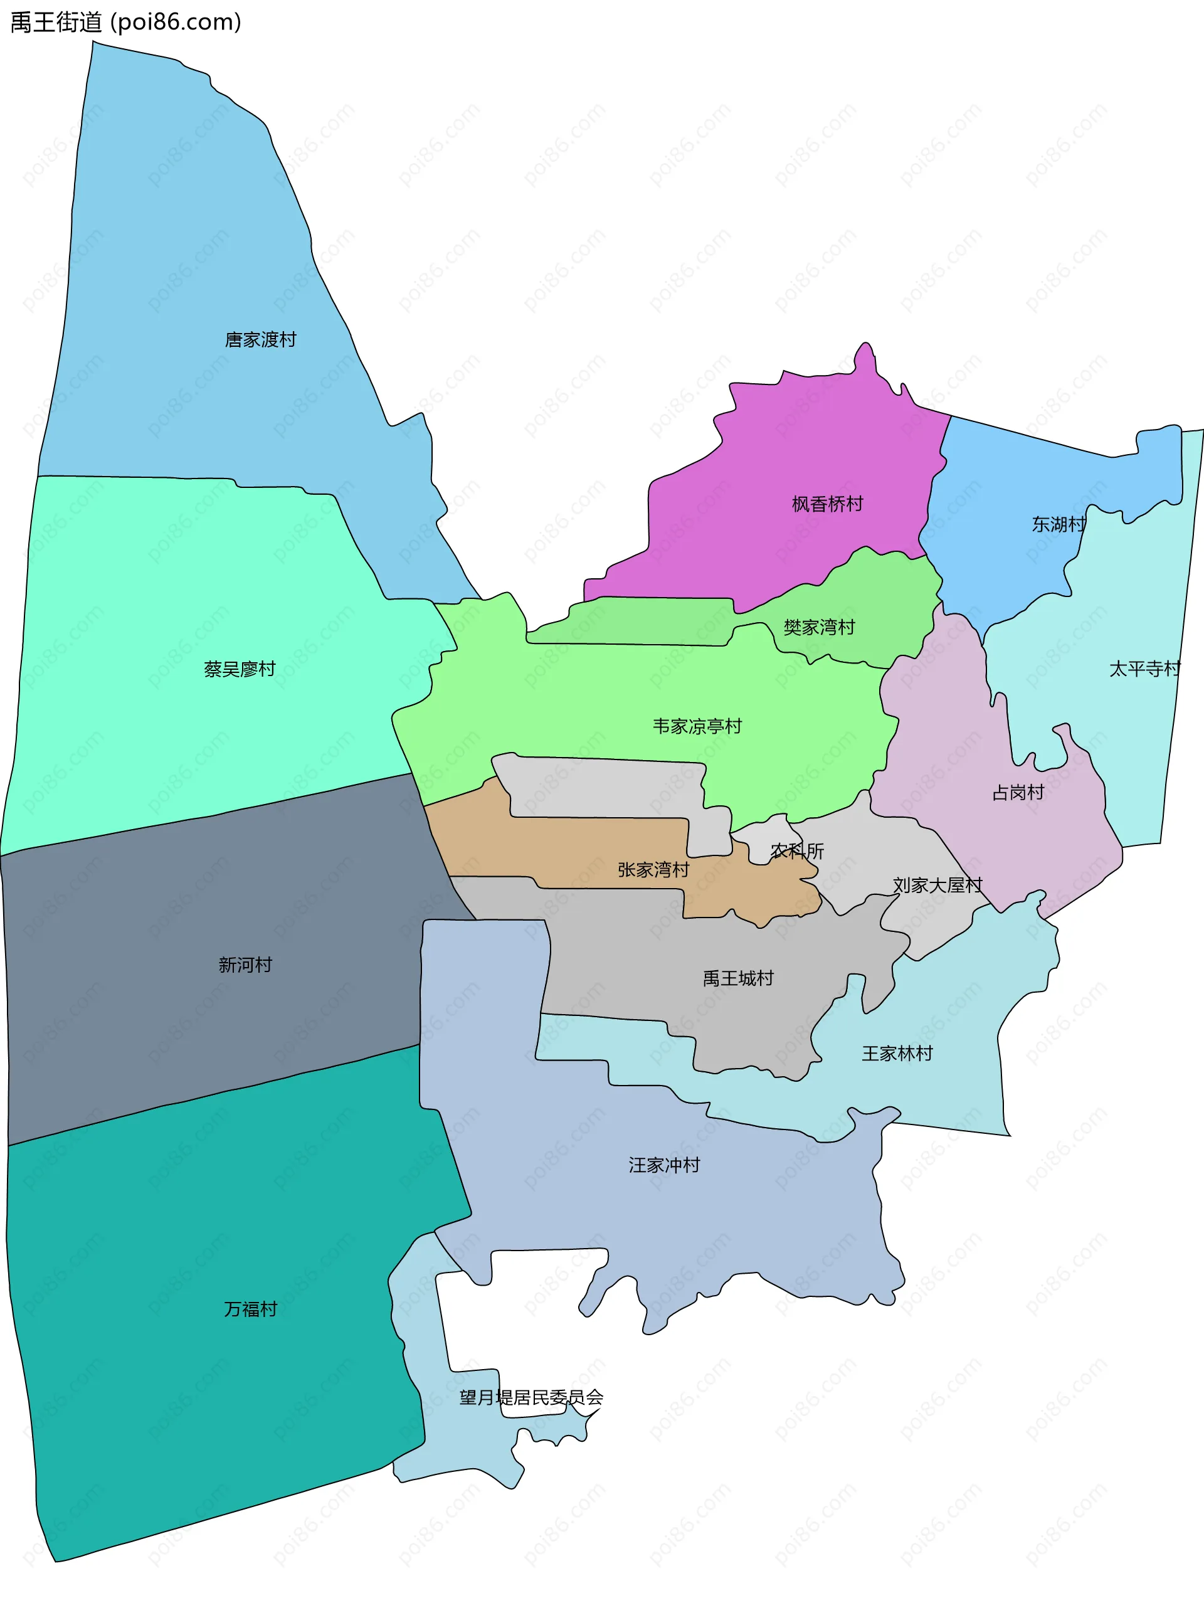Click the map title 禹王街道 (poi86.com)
coord(125,23)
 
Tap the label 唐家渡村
coord(260,340)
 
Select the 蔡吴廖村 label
coord(240,669)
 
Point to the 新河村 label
coord(245,965)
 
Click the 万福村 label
coord(251,1309)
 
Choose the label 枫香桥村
coord(827,504)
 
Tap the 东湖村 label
coord(1059,524)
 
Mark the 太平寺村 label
coord(1144,669)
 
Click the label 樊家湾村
coord(820,627)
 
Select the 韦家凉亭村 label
coord(697,726)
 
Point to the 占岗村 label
coord(1018,793)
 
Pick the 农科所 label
coord(797,851)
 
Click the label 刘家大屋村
coord(937,885)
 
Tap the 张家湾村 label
coord(653,870)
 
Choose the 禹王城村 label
coord(738,978)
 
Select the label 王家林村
coord(897,1053)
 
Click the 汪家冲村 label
coord(664,1165)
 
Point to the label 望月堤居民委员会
coord(531,1397)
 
